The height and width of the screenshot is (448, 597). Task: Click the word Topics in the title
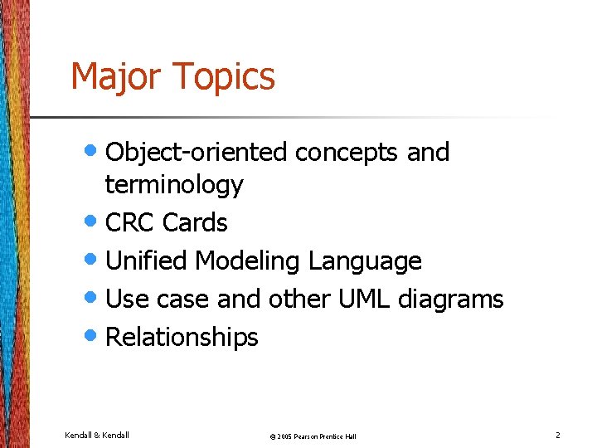[x=224, y=77]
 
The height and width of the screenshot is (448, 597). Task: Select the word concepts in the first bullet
[x=347, y=153]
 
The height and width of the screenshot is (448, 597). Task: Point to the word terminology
[x=174, y=185]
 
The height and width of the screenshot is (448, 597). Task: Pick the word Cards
[x=195, y=223]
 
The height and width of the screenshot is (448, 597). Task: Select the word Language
[x=365, y=261]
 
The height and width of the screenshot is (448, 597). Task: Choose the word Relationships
[x=182, y=338]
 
